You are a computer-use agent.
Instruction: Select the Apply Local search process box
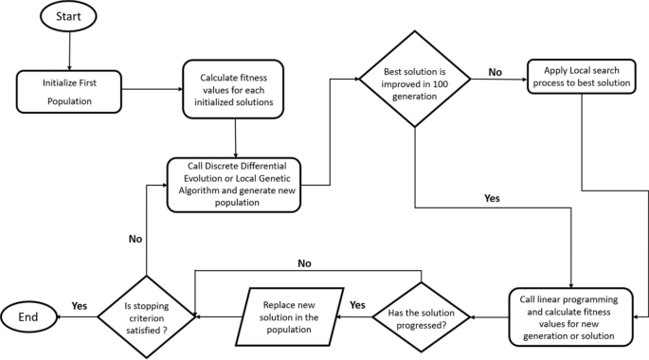[x=581, y=78]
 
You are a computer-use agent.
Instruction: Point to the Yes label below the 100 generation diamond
[x=492, y=200]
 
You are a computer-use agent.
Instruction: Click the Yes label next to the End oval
[x=79, y=305]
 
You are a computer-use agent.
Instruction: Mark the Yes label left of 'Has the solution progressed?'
[x=358, y=305]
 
